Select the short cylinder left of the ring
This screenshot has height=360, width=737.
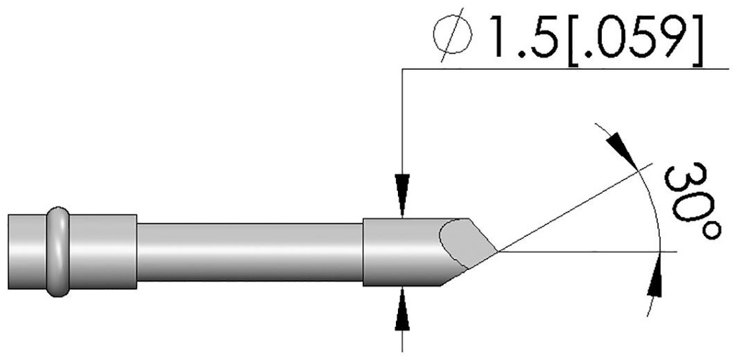[x=27, y=251]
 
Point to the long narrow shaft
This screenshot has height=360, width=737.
[x=248, y=251]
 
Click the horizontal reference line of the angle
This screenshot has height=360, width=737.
[x=590, y=252]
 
